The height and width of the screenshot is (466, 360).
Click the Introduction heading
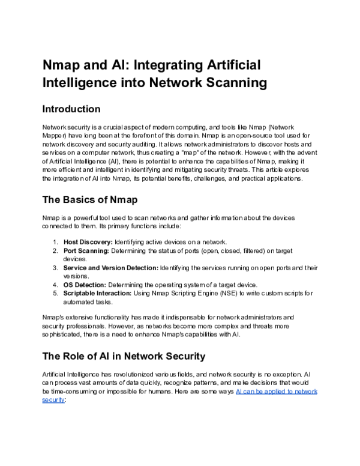[71, 109]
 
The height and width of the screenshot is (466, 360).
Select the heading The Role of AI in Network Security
[124, 356]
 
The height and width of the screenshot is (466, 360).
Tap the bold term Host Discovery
[88, 241]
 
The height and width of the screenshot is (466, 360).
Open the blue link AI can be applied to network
[277, 391]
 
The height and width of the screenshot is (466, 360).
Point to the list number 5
[55, 293]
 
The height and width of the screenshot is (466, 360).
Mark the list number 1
[55, 241]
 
